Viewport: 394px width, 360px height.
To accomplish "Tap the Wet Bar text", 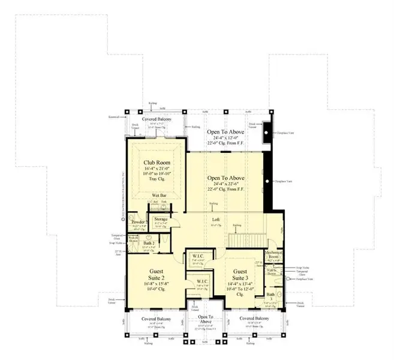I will (159, 196).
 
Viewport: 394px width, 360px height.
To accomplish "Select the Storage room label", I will (161, 220).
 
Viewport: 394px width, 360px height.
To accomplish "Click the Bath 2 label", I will (139, 244).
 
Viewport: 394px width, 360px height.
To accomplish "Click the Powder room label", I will (139, 222).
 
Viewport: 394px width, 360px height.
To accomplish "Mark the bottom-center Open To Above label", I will (205, 319).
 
